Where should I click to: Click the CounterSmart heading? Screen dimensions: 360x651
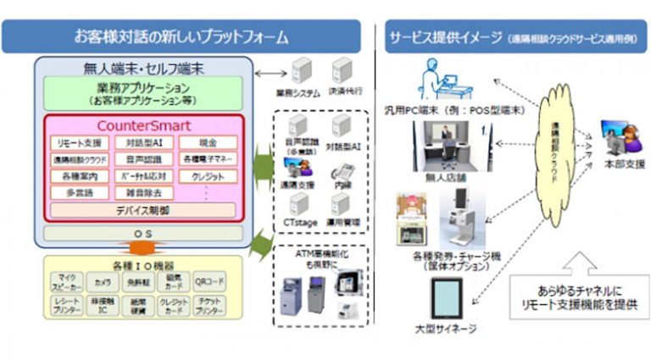pos(144,125)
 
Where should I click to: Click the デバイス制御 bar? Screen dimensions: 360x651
pos(144,209)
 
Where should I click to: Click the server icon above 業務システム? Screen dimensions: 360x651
pos(303,70)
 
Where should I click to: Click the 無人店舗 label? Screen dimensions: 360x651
pos(442,178)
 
